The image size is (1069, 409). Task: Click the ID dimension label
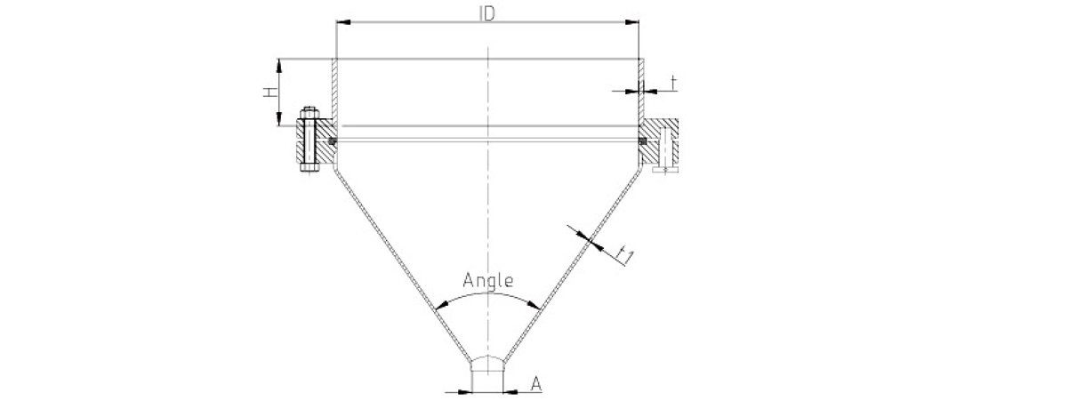(x=486, y=14)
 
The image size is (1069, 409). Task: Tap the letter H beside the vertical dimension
(x=270, y=92)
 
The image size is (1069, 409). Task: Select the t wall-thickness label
(x=673, y=83)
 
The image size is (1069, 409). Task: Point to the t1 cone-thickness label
(x=624, y=256)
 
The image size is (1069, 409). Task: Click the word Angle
(x=488, y=280)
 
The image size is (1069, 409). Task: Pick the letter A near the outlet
(x=536, y=384)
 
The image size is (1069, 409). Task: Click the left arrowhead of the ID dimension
(x=343, y=22)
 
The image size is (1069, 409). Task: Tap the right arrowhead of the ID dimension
(x=631, y=22)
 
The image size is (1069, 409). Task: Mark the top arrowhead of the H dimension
(x=279, y=66)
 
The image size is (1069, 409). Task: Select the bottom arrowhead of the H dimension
(x=279, y=119)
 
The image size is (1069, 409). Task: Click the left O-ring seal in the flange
(x=333, y=141)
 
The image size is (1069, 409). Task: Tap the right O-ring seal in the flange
(x=643, y=141)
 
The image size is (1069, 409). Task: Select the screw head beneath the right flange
(x=665, y=170)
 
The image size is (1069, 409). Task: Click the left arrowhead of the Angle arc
(x=442, y=306)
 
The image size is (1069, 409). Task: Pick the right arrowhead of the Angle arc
(x=534, y=306)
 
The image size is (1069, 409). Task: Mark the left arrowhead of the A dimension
(x=465, y=392)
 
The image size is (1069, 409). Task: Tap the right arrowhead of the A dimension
(x=510, y=392)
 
